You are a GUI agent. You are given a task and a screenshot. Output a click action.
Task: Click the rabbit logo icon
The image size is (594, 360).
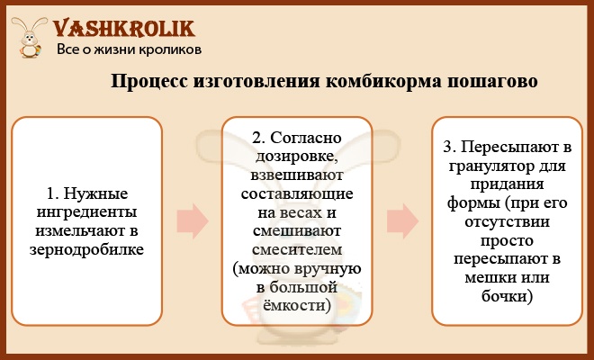pyautogui.click(x=29, y=37)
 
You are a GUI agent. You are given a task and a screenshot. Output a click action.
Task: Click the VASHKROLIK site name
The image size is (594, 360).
pyautogui.click(x=124, y=29)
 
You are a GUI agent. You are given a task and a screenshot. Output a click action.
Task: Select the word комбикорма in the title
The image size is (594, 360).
pyautogui.click(x=383, y=82)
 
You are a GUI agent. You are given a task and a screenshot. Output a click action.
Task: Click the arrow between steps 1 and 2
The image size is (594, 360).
pyautogui.click(x=193, y=220)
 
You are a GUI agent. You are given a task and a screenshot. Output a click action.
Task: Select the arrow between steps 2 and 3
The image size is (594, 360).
pyautogui.click(x=402, y=220)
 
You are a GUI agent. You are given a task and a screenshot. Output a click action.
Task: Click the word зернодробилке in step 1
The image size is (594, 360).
pyautogui.click(x=86, y=250)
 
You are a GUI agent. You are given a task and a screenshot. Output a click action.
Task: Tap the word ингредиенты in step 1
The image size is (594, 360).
pyautogui.click(x=86, y=213)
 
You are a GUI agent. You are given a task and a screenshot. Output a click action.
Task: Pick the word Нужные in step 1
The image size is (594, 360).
pyautogui.click(x=95, y=193)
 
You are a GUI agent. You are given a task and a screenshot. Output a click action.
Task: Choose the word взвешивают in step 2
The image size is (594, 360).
pyautogui.click(x=297, y=175)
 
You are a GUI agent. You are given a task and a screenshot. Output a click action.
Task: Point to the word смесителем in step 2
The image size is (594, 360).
pyautogui.click(x=297, y=250)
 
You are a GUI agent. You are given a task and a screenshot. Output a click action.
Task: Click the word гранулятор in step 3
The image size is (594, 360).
pyautogui.click(x=487, y=166)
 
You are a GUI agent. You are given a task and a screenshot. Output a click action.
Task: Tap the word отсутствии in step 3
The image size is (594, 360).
pyautogui.click(x=508, y=222)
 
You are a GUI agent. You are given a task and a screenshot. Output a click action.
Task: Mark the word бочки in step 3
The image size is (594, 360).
pyautogui.click(x=508, y=296)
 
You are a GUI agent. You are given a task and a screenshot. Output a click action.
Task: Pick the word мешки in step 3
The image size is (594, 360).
pyautogui.click(x=486, y=278)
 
